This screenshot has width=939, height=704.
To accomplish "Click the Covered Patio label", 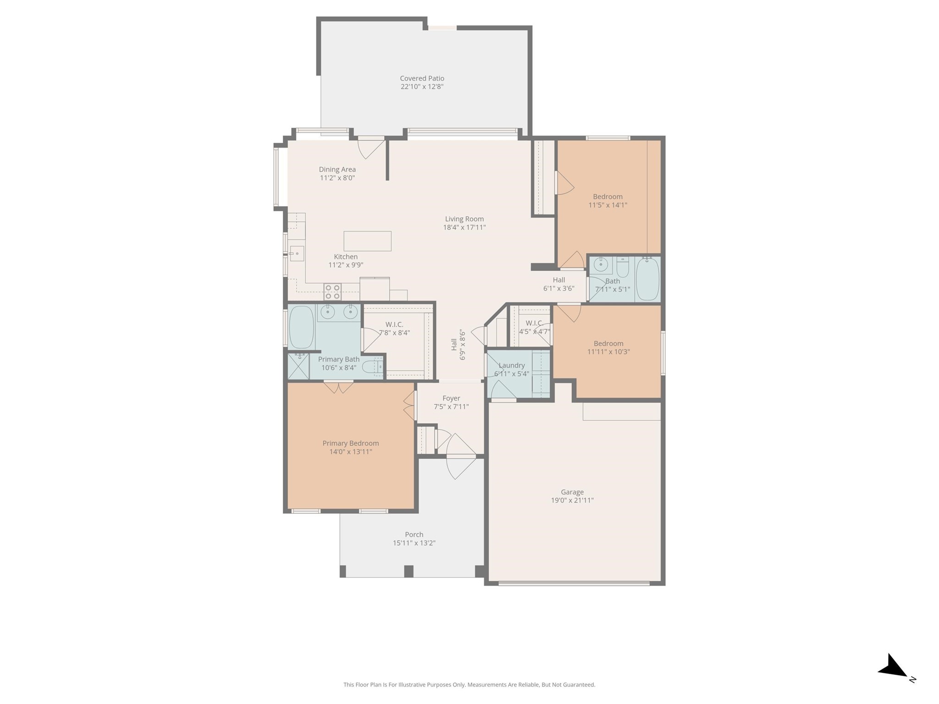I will [x=422, y=78].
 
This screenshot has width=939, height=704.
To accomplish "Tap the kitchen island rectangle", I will [x=367, y=241].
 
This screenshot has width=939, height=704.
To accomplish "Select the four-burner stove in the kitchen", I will [x=332, y=292].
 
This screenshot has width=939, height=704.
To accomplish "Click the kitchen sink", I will [x=297, y=253].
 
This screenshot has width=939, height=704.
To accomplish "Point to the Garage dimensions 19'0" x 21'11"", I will [x=572, y=500].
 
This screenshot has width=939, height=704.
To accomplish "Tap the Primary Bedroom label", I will [x=350, y=443].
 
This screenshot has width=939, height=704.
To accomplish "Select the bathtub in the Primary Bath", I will [x=301, y=327].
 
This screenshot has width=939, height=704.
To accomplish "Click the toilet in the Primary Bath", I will [x=372, y=367].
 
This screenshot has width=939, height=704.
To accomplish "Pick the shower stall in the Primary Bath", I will [x=298, y=366].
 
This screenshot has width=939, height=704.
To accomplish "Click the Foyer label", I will [x=451, y=398].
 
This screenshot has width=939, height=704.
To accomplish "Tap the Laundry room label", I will [x=511, y=365].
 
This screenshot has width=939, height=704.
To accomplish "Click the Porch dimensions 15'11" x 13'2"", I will [x=414, y=543].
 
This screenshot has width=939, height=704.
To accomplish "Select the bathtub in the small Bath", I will [x=647, y=279].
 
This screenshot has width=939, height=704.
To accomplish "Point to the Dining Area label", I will [x=337, y=170].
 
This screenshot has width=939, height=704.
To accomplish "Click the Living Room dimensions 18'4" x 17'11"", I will [x=464, y=227].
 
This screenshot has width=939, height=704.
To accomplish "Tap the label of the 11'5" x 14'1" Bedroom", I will [x=608, y=197].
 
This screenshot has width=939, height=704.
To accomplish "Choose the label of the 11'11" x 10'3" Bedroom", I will [x=608, y=343].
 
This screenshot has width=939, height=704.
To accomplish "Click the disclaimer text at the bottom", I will [x=469, y=685].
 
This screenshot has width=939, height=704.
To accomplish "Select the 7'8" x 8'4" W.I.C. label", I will [x=394, y=324].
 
